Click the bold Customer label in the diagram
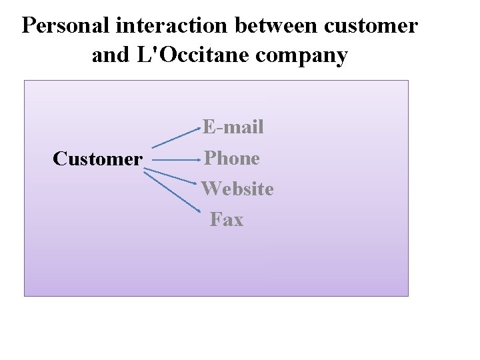97,159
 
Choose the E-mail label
233,126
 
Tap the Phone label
232,157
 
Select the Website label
238,189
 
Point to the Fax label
227,219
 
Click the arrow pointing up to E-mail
176,136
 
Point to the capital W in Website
212,189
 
